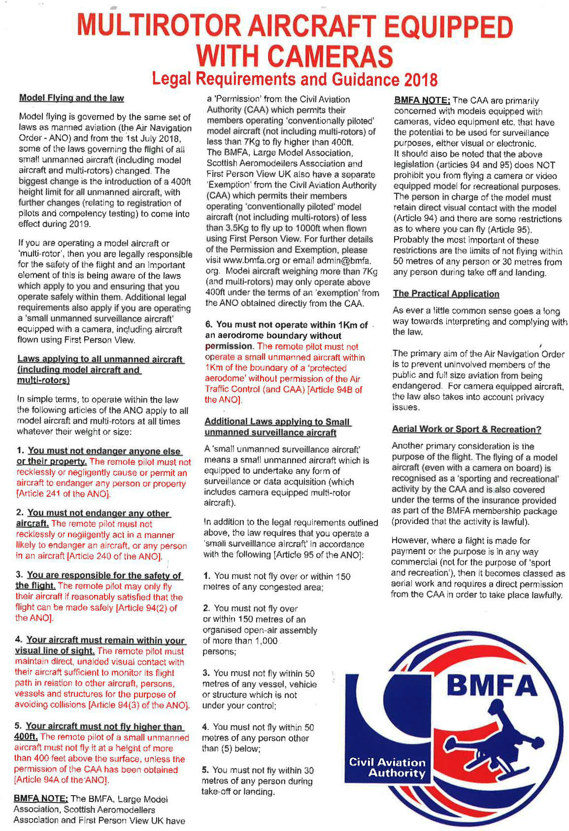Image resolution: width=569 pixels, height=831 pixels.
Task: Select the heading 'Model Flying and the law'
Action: pos(71,98)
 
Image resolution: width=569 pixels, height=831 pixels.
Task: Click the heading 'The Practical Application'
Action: pos(446,294)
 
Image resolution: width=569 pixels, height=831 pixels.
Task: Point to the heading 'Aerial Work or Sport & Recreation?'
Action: pos(466,429)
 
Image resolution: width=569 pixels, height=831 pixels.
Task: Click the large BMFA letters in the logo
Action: pos(491,685)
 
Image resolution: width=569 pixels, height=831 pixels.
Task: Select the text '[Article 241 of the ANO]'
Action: pos(63,494)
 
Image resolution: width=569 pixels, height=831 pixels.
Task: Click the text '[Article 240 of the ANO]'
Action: pos(114,556)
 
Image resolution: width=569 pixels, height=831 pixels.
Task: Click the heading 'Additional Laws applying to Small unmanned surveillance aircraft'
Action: pos(277,427)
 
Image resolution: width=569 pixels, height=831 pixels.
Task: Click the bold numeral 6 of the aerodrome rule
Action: pos(208,325)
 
